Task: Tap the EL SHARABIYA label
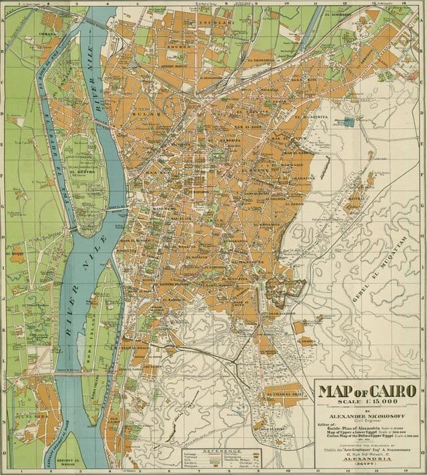(x=262, y=59)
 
